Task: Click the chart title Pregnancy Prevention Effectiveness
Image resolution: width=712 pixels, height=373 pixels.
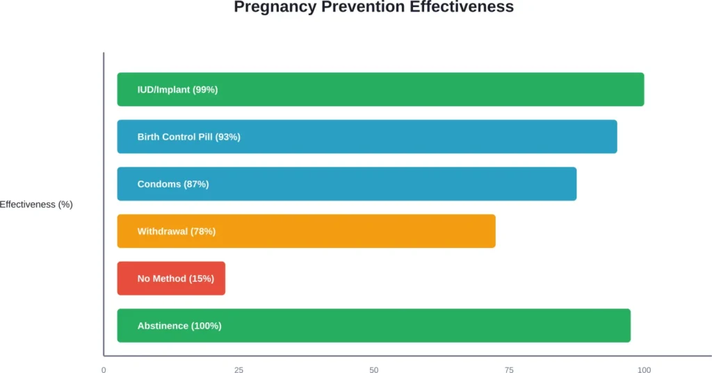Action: point(373,8)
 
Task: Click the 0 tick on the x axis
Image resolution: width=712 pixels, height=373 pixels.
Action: point(104,370)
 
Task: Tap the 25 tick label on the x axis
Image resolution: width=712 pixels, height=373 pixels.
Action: point(238,370)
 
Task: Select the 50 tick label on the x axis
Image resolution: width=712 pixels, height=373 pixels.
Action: point(374,370)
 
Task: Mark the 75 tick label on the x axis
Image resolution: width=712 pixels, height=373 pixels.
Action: point(509,370)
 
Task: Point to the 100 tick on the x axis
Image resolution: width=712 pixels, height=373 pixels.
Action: point(645,370)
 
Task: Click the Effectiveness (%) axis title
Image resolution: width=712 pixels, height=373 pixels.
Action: point(36,205)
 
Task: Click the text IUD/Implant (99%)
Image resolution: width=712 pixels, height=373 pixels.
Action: point(177,90)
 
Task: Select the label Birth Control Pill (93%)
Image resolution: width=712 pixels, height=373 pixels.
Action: point(188,137)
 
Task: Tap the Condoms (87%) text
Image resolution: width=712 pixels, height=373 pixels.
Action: point(173,184)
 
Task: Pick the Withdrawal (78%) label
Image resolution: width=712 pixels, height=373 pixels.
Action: point(177,231)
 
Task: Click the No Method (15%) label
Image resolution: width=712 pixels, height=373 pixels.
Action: point(176,279)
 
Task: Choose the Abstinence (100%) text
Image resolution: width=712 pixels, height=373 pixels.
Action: point(179,326)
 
